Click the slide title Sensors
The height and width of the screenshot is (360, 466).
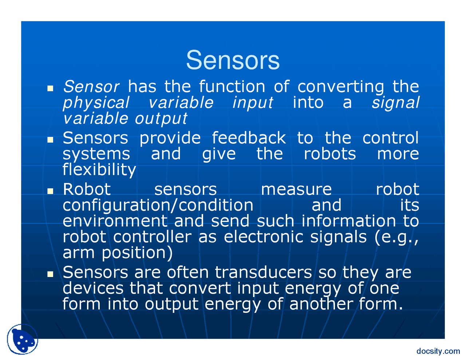[x=233, y=60]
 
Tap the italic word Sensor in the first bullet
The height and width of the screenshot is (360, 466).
[x=91, y=87]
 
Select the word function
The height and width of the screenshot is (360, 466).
[x=232, y=87]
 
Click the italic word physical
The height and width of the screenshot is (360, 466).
[x=96, y=103]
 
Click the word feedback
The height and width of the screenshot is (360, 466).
[x=249, y=138]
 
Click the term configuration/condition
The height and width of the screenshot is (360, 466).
[x=158, y=205]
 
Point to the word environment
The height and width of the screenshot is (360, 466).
[x=115, y=221]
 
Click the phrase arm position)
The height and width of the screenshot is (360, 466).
[x=118, y=253]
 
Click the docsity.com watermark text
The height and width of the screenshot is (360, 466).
[x=438, y=351]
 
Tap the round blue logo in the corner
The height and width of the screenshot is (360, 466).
[x=23, y=339]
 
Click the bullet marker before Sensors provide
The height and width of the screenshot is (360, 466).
[x=50, y=139]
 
